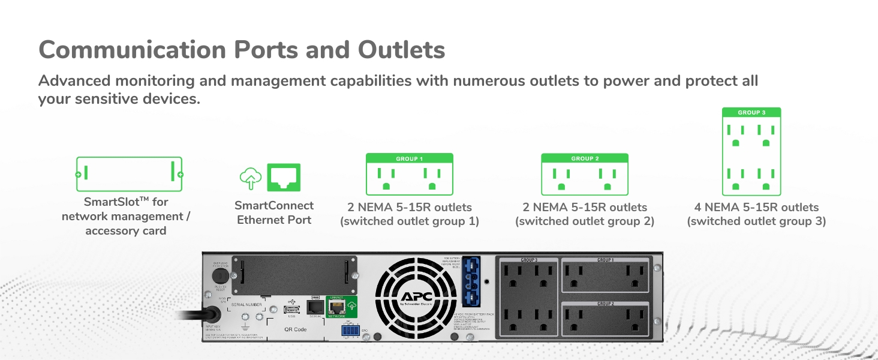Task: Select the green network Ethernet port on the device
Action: [336, 308]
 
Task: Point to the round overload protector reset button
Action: [220, 276]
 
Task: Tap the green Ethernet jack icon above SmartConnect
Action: [284, 178]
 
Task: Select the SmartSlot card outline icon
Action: [129, 175]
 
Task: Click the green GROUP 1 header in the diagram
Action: [410, 158]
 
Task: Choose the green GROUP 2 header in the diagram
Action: [585, 158]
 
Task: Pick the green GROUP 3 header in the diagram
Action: [751, 112]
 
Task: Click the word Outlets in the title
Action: [401, 50]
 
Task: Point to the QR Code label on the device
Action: [295, 329]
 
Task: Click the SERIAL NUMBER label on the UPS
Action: [246, 305]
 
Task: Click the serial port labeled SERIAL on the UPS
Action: [315, 307]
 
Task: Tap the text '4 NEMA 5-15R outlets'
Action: [756, 208]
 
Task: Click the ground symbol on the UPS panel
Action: [245, 319]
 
